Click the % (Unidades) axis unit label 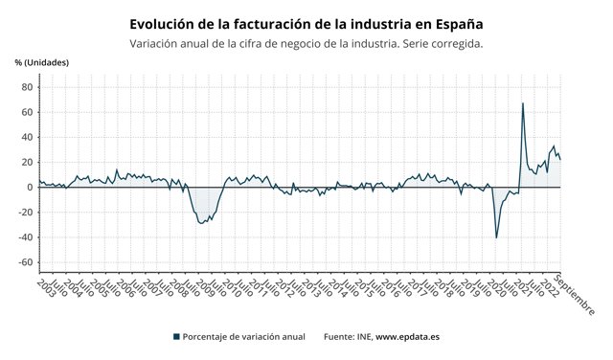pos(42,62)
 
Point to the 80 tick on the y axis pos(27,87)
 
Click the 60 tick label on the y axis pos(27,112)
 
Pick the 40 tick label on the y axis pos(27,137)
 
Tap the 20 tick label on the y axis pos(27,162)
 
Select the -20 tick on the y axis pos(25,213)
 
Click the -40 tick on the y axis pos(25,237)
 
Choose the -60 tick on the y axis pos(25,262)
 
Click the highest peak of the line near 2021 pos(522,103)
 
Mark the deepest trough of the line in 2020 pos(496,237)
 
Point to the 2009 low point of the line pos(201,223)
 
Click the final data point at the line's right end pos(560,159)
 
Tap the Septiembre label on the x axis pos(575,296)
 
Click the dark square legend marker pos(176,336)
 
